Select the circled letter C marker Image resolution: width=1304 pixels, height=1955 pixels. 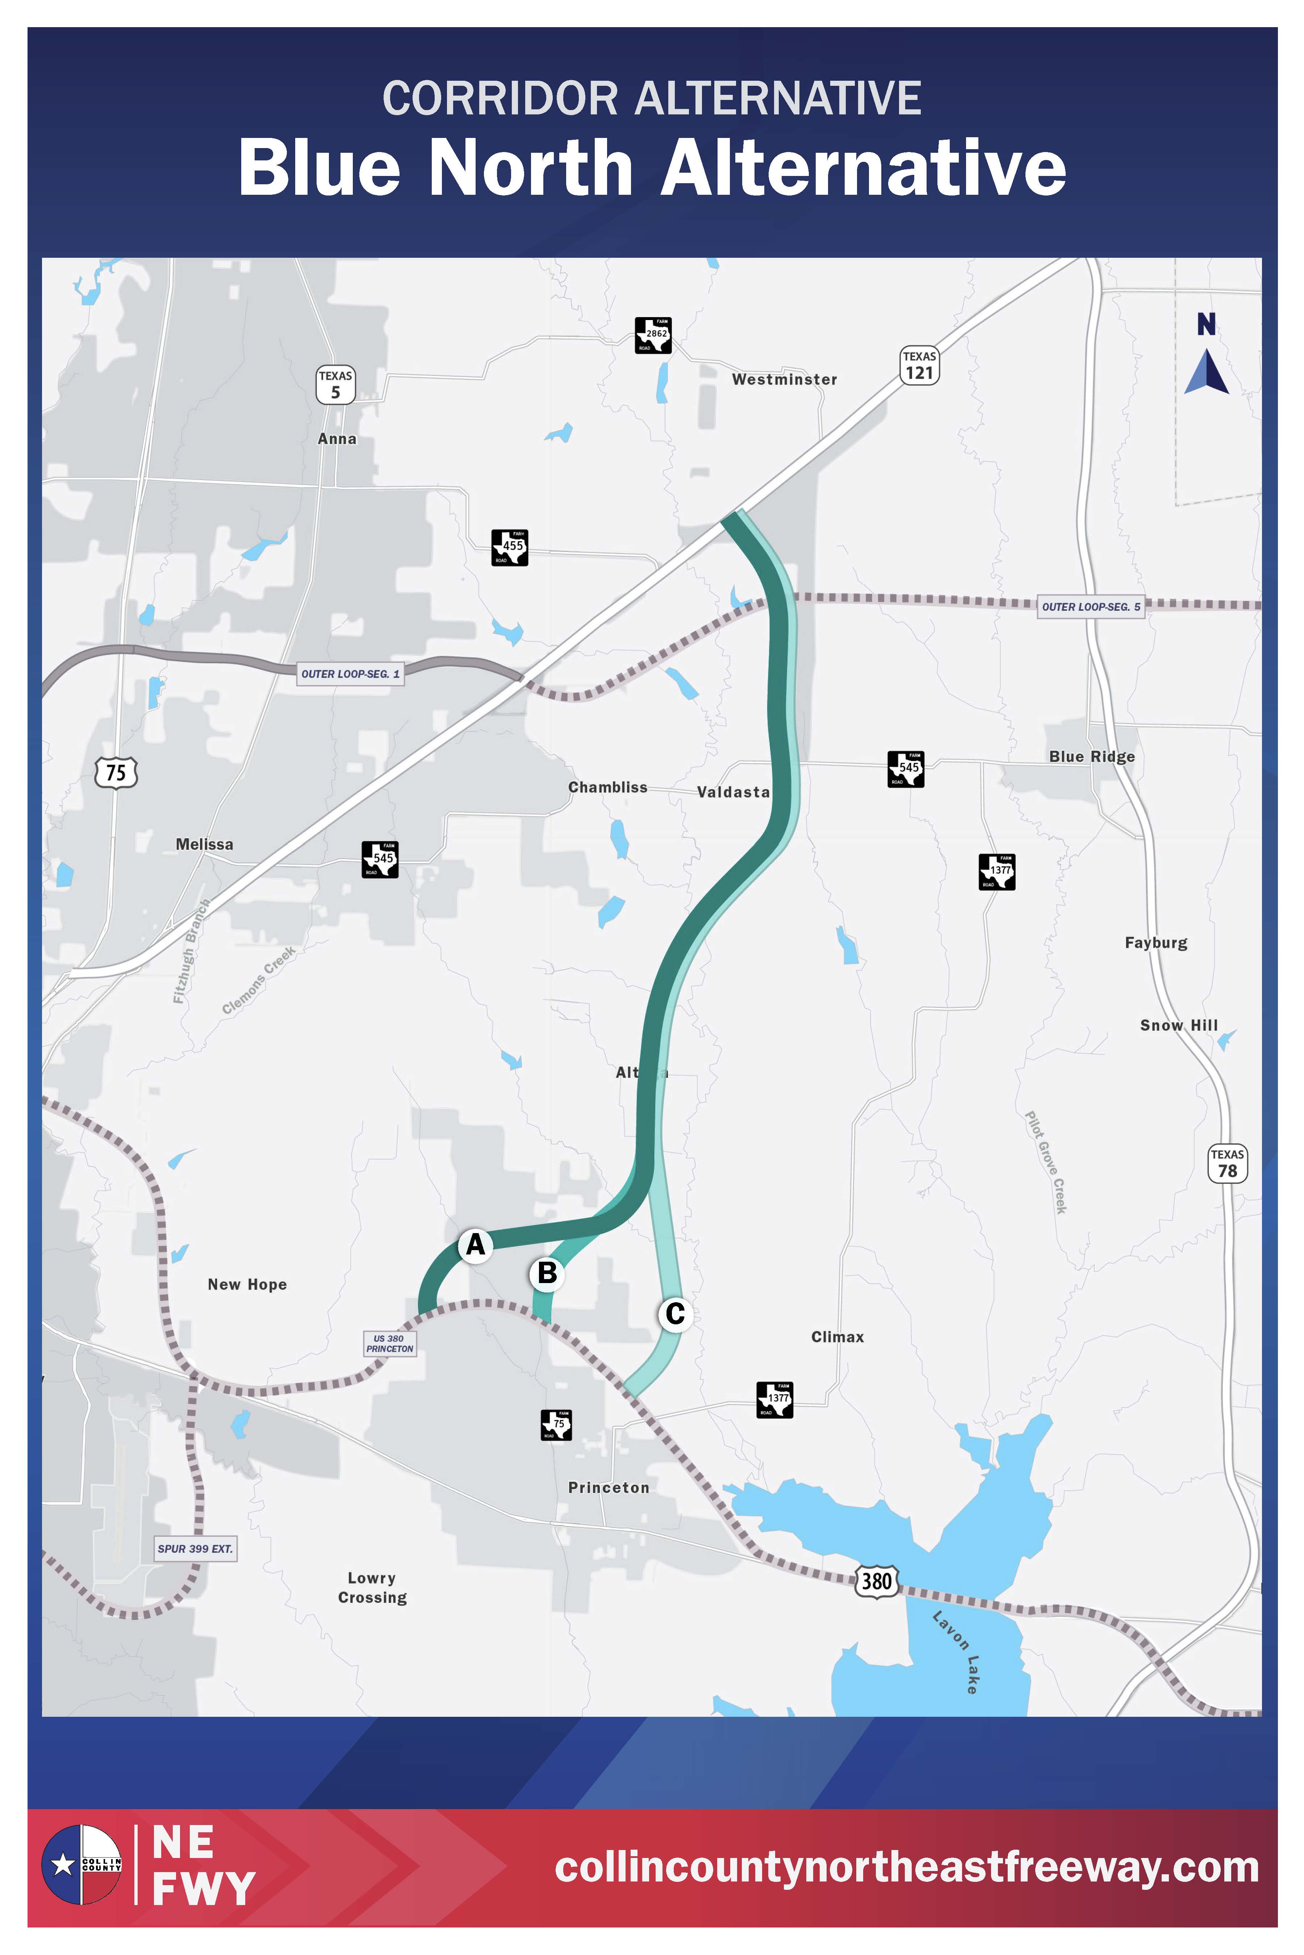pyautogui.click(x=675, y=1313)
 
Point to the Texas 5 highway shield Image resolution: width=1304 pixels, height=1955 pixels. pyautogui.click(x=335, y=385)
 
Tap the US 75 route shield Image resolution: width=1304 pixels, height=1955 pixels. pyautogui.click(x=116, y=772)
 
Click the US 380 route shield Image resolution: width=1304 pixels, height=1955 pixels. pyautogui.click(x=877, y=1580)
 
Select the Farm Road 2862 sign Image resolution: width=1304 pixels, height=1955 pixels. pyautogui.click(x=653, y=335)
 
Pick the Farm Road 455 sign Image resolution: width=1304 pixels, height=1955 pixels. pyautogui.click(x=510, y=547)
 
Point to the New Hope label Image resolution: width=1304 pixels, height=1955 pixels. pyautogui.click(x=247, y=1284)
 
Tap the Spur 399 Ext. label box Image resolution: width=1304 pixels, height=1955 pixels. pyautogui.click(x=196, y=1548)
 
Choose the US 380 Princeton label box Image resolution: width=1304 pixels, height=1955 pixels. pyautogui.click(x=389, y=1343)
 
